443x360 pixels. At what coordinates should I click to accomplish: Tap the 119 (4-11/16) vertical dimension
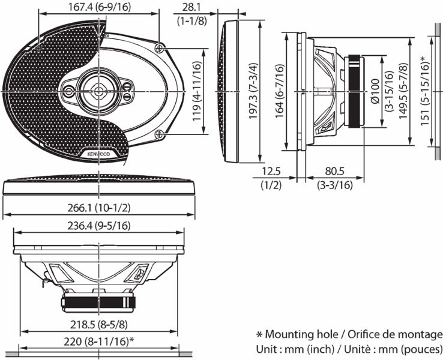click(x=196, y=91)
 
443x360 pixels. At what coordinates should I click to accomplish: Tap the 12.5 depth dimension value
click(x=271, y=172)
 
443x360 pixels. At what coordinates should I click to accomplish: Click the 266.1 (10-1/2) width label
click(x=99, y=208)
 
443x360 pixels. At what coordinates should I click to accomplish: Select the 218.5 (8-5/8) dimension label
click(x=99, y=325)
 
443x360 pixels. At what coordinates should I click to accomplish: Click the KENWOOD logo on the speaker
click(x=100, y=154)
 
